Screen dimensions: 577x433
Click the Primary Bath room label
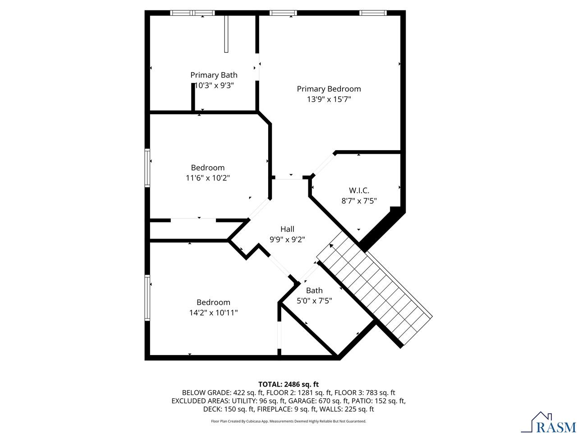tap(214, 75)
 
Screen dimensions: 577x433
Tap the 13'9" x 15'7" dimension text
tap(329, 99)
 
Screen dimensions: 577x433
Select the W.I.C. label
tap(359, 190)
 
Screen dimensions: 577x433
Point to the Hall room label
tap(287, 229)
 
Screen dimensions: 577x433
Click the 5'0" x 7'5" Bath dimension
tap(314, 300)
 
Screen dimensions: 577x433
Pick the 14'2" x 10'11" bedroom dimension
tap(214, 313)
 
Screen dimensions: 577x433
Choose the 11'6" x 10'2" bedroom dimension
tap(208, 178)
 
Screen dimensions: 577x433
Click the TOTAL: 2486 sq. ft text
tap(288, 384)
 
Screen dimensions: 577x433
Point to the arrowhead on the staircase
tap(331, 246)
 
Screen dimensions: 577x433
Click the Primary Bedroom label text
tap(329, 89)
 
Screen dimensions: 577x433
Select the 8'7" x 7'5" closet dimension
tap(359, 201)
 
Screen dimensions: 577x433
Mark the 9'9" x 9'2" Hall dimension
tap(287, 240)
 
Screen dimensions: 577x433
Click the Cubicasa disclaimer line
tap(288, 421)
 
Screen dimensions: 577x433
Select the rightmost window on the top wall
tap(373, 13)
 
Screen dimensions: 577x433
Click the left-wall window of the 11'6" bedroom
tap(147, 168)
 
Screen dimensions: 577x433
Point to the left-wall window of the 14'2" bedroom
tap(147, 298)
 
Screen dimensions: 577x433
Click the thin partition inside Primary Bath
tap(226, 34)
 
